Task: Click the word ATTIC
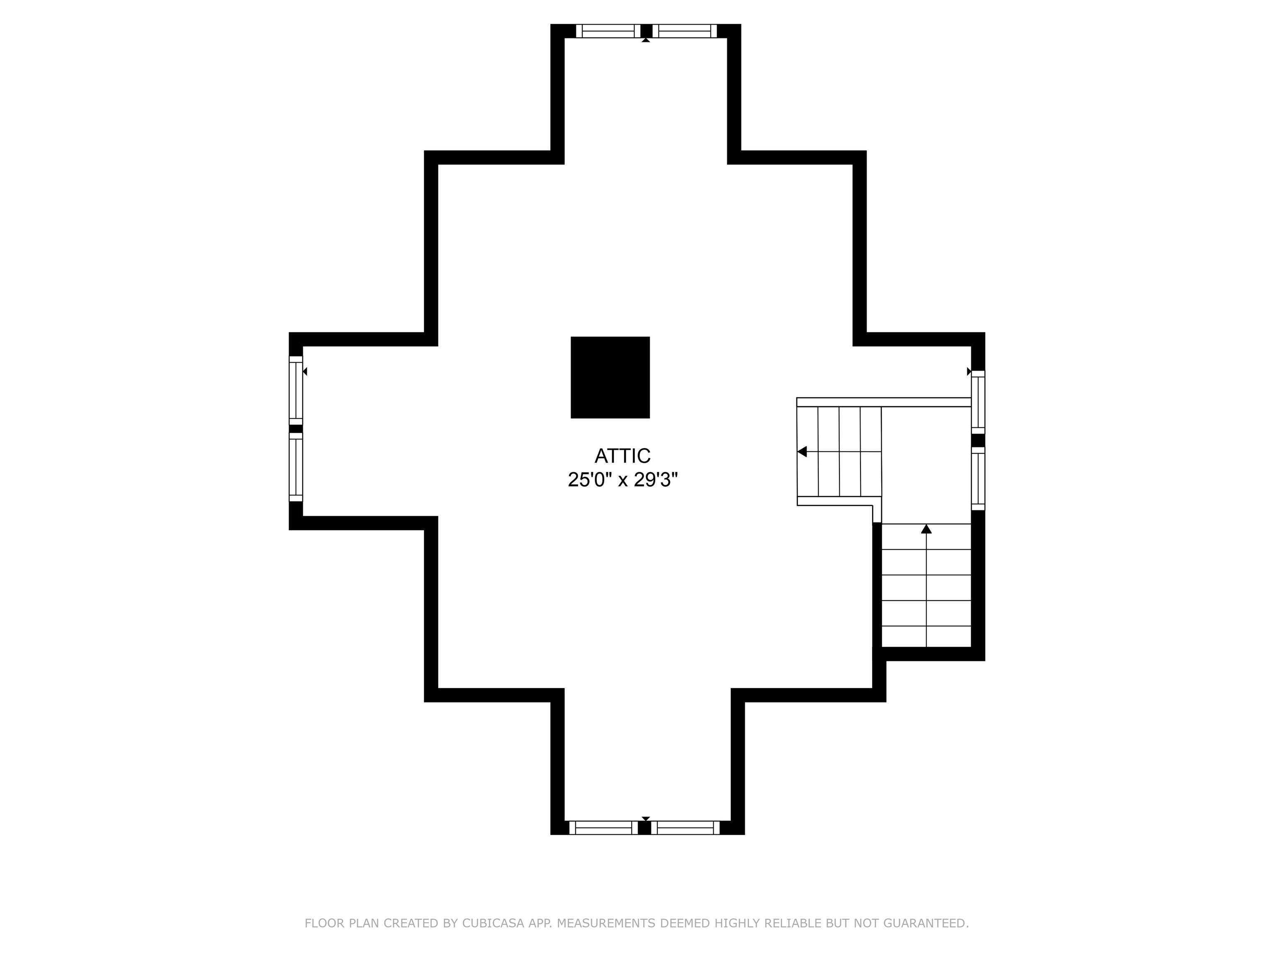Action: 622,456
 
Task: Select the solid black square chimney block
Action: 610,378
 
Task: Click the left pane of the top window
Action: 608,31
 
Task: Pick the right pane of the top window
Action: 685,31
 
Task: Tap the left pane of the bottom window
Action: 603,827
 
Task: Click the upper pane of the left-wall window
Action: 295,390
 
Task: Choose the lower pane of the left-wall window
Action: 295,467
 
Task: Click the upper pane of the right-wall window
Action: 978,402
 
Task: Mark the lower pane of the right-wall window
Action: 978,479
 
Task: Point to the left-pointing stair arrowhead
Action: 802,452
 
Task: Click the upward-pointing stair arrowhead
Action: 926,529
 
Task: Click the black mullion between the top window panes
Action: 646,31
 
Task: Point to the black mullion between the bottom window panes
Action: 644,827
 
